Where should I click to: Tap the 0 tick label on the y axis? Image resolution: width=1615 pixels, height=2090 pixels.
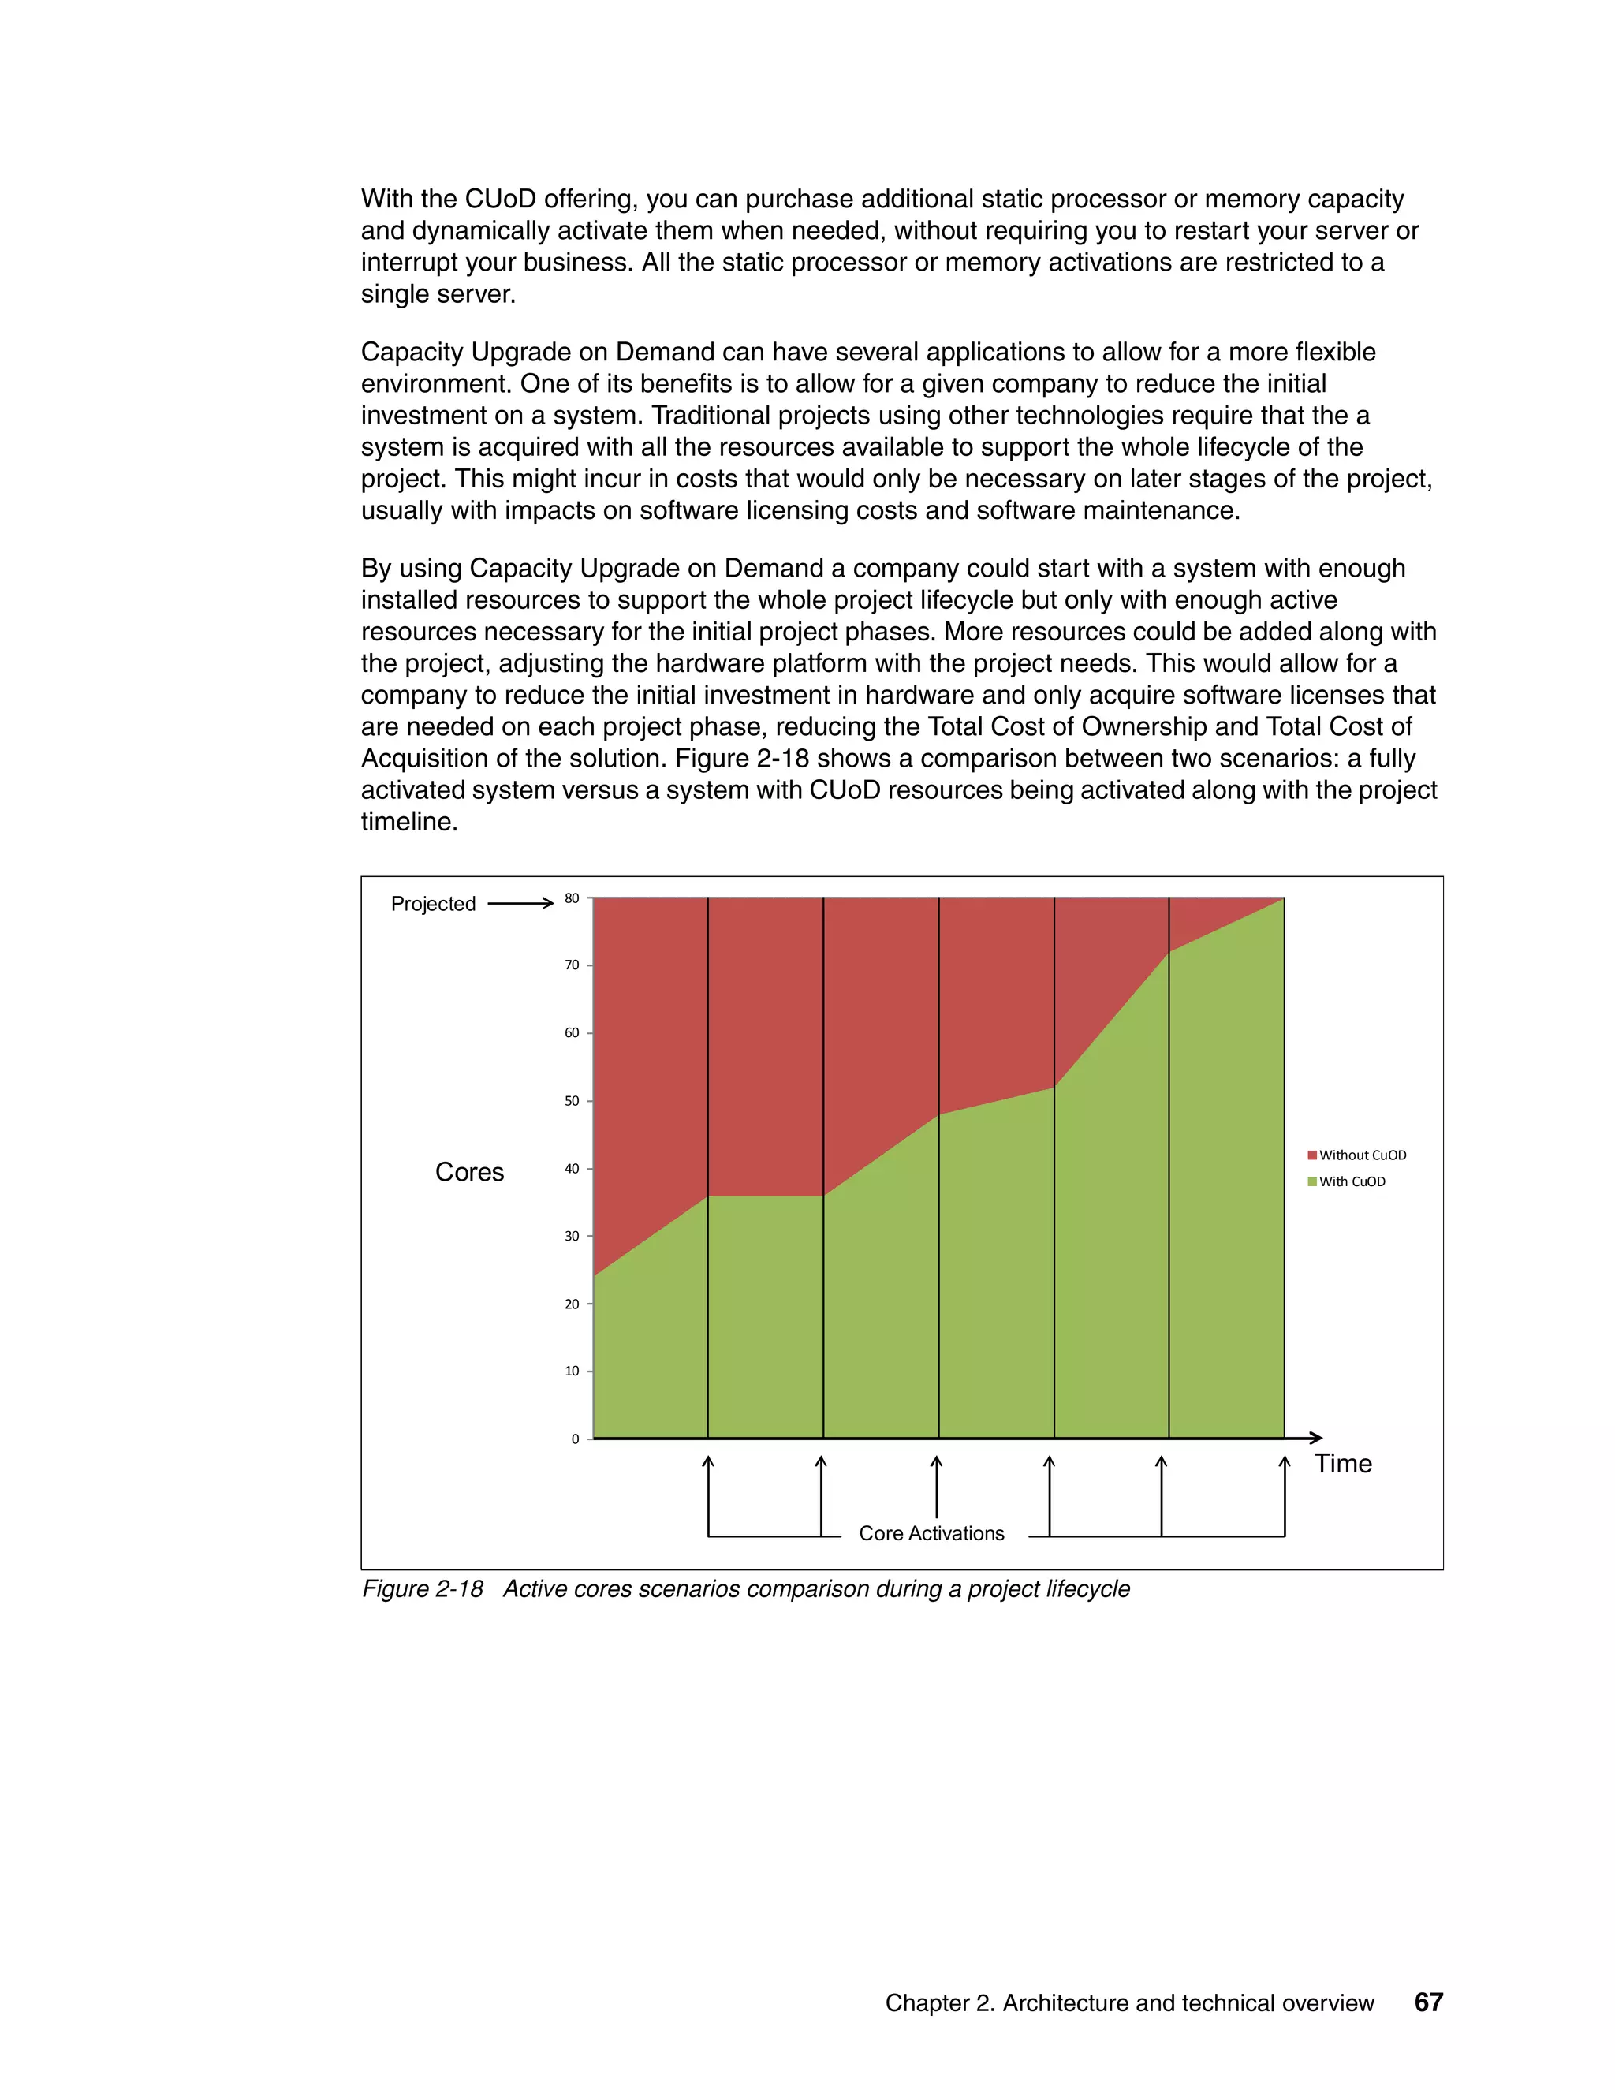click(575, 1439)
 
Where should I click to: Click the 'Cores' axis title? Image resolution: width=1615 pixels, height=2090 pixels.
click(469, 1172)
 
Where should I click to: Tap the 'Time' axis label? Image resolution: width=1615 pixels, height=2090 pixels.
click(1342, 1463)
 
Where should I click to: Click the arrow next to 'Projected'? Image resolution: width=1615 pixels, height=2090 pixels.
click(520, 903)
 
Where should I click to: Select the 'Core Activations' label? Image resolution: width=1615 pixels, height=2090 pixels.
click(931, 1533)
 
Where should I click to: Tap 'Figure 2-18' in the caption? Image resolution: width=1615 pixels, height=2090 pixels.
click(422, 1589)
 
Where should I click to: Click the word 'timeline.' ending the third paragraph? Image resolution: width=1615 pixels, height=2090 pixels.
click(408, 822)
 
